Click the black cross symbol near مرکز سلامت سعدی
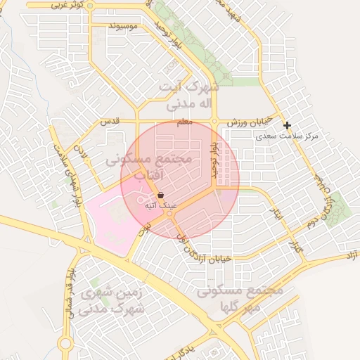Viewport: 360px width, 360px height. pos(287,125)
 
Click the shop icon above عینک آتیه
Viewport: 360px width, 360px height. pos(161,195)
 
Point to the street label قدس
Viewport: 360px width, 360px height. pos(111,121)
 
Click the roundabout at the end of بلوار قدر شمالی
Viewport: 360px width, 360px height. pos(65,344)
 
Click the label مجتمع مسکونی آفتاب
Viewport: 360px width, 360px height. pos(149,166)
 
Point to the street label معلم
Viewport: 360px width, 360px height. pos(184,122)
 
